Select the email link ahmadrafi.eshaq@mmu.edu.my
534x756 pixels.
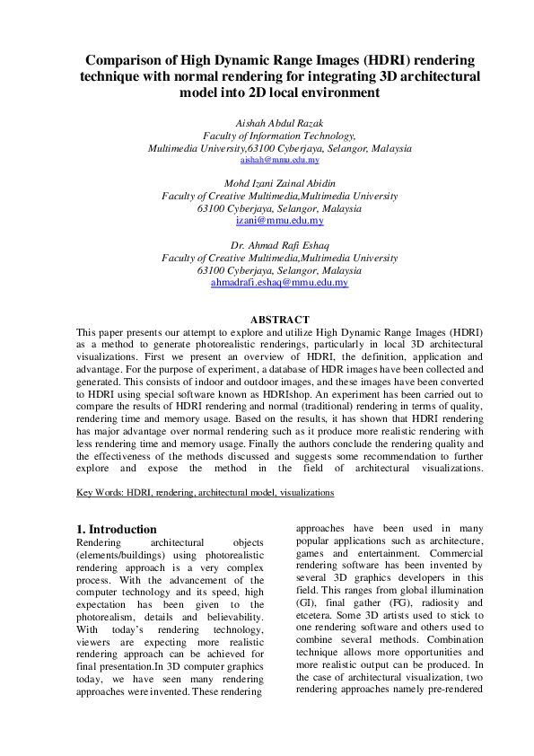click(x=279, y=282)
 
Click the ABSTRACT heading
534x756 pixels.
click(x=279, y=320)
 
